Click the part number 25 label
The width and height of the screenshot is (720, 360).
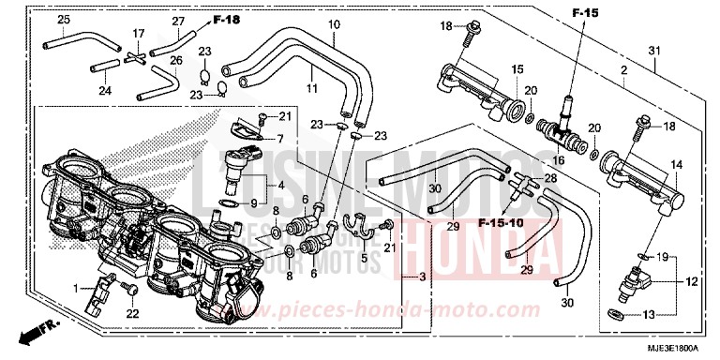[x=64, y=20]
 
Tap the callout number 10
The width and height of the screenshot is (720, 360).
[x=307, y=23]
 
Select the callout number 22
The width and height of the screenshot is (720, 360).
[x=134, y=313]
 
